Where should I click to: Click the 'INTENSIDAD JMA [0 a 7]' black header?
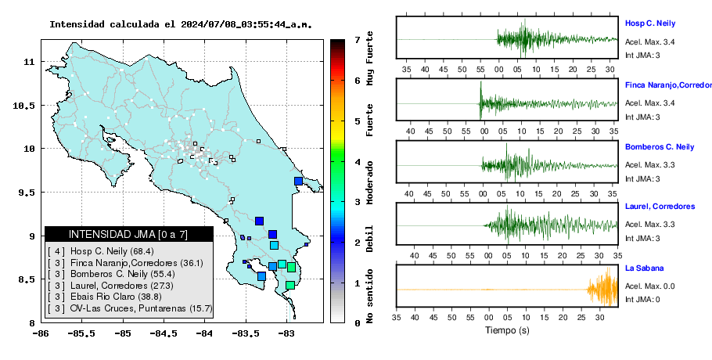click(128, 235)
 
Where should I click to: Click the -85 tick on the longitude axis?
click(123, 333)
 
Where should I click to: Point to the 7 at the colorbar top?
click(357, 40)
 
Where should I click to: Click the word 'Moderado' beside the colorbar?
click(369, 182)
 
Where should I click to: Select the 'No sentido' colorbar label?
click(369, 296)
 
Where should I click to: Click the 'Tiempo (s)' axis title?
click(507, 330)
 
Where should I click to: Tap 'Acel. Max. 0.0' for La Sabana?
click(649, 286)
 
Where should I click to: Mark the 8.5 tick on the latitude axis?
click(27, 279)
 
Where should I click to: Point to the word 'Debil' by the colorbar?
click(369, 239)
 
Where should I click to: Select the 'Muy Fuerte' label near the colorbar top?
click(369, 58)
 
